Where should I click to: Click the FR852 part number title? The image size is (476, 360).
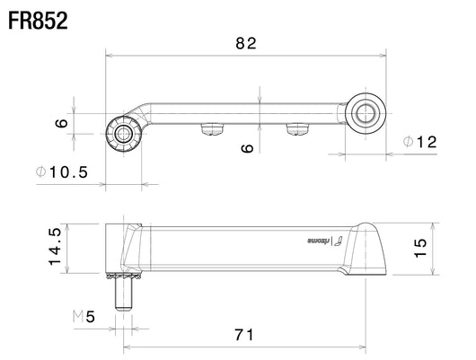(x=38, y=21)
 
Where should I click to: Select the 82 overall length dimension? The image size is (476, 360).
(x=246, y=43)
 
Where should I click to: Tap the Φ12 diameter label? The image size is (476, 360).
(x=419, y=142)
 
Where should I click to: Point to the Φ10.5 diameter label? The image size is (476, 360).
(x=62, y=172)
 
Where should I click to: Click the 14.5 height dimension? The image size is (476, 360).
(x=55, y=247)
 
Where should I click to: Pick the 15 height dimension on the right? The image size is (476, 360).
(x=420, y=249)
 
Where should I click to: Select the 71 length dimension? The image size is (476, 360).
(x=244, y=335)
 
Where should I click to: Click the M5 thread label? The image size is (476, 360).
(x=84, y=317)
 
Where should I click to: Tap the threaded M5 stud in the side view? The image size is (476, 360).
(x=123, y=294)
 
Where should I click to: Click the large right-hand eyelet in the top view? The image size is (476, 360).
(x=366, y=113)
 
